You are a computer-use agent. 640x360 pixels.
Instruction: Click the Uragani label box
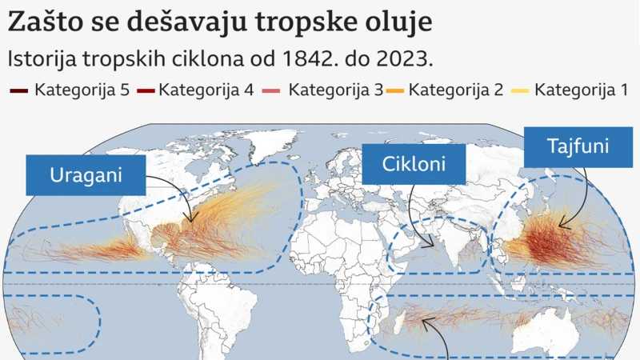coord(86,175)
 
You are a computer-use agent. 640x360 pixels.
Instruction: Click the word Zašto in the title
coord(39,22)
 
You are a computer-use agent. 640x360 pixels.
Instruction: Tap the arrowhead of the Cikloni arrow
coord(435,244)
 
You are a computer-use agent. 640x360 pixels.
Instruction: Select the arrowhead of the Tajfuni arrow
coord(561,226)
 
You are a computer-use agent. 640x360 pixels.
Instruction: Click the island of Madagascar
coord(398,323)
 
